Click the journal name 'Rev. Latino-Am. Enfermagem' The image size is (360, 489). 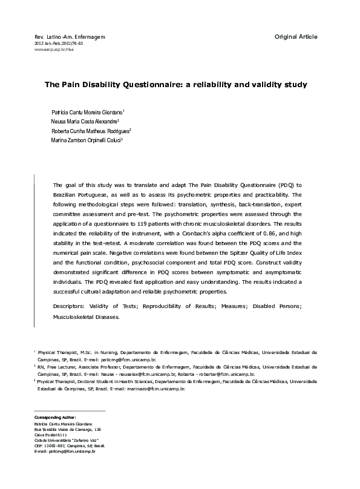pyautogui.click(x=71, y=38)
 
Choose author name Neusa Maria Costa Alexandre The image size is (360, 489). pyautogui.click(x=84, y=121)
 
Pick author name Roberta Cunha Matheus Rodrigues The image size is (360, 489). pyautogui.click(x=90, y=130)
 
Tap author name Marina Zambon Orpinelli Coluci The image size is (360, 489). pyautogui.click(x=87, y=139)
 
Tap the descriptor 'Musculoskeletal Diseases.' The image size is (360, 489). pyautogui.click(x=86, y=316)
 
